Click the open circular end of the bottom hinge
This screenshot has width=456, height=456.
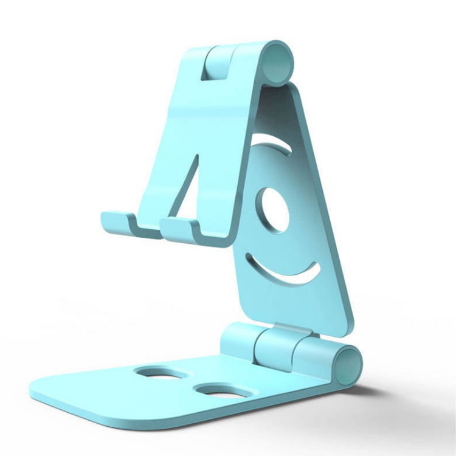pos(349,365)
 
